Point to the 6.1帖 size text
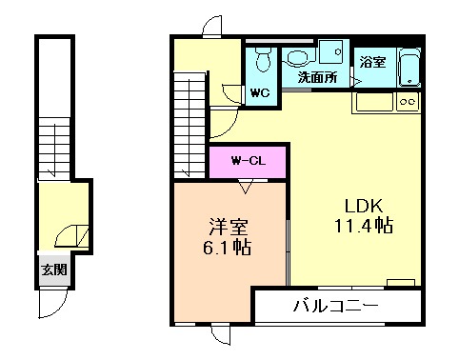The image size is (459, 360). click(x=229, y=250)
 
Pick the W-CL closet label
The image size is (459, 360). click(x=248, y=161)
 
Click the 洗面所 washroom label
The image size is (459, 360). click(x=317, y=78)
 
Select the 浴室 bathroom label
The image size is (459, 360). click(x=372, y=63)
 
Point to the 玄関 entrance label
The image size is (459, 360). click(x=53, y=269)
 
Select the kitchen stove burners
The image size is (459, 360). click(x=409, y=101)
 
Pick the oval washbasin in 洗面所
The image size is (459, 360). click(x=298, y=56)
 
